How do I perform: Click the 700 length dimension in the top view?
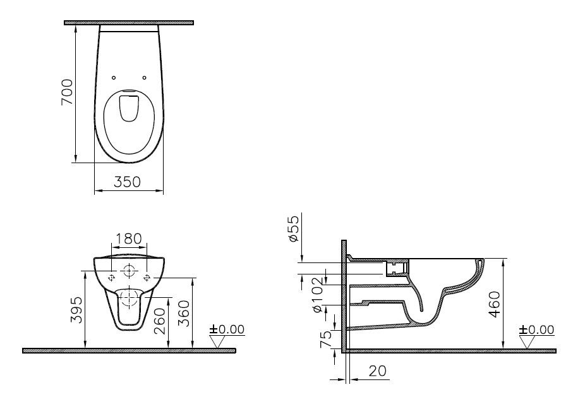[x=67, y=92]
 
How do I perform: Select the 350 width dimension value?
[x=127, y=182]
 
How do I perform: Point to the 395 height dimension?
[x=76, y=310]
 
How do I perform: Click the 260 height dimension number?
[x=160, y=321]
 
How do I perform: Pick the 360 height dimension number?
[x=184, y=313]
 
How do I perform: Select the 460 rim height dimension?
[x=495, y=304]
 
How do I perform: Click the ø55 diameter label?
[x=294, y=228]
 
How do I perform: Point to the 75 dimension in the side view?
[x=326, y=339]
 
